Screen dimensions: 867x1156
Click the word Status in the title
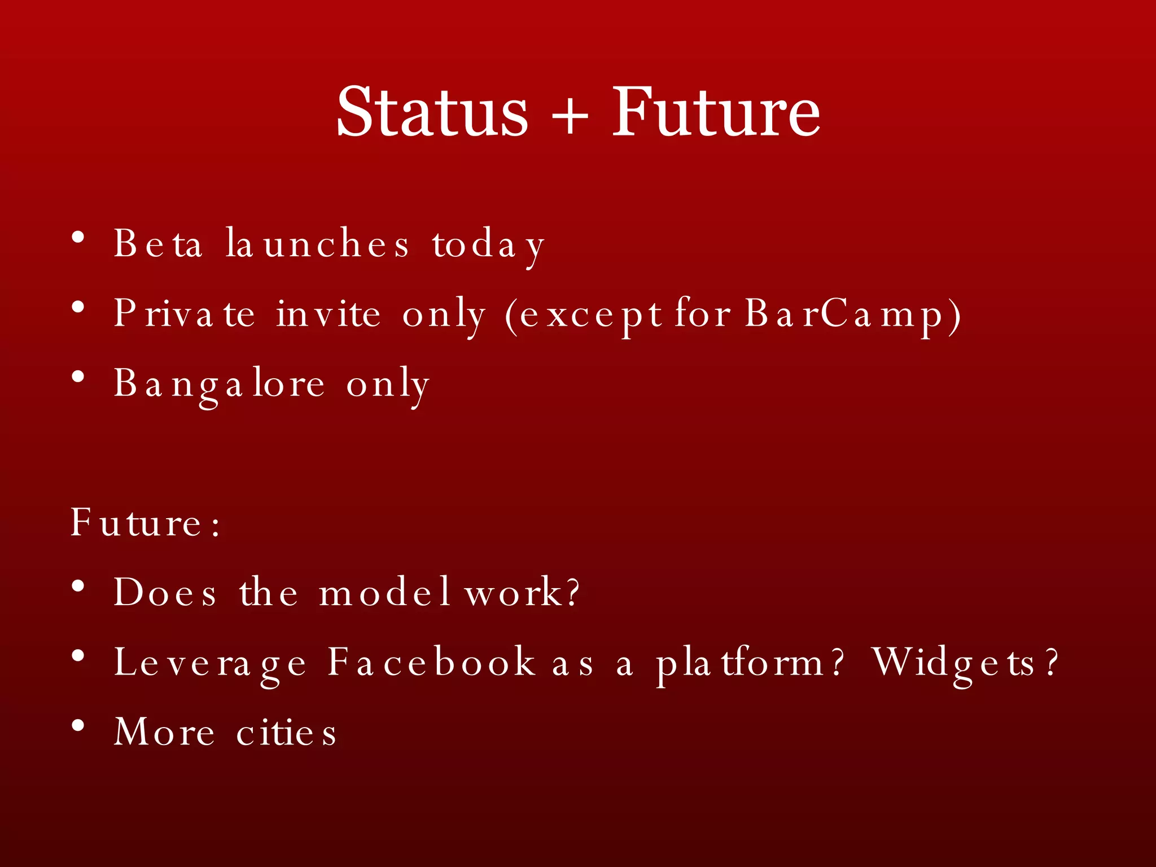point(432,112)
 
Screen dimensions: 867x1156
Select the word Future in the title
point(716,112)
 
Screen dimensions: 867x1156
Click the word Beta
point(158,244)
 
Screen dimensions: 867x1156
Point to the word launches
point(317,244)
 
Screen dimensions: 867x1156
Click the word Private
point(184,314)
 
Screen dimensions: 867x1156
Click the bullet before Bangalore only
point(78,376)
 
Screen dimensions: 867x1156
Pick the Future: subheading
point(146,523)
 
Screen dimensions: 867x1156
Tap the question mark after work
point(572,593)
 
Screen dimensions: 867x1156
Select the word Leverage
point(210,663)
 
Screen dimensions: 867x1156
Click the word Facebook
point(431,662)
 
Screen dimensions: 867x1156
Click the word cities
point(286,733)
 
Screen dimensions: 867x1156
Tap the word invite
point(328,314)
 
